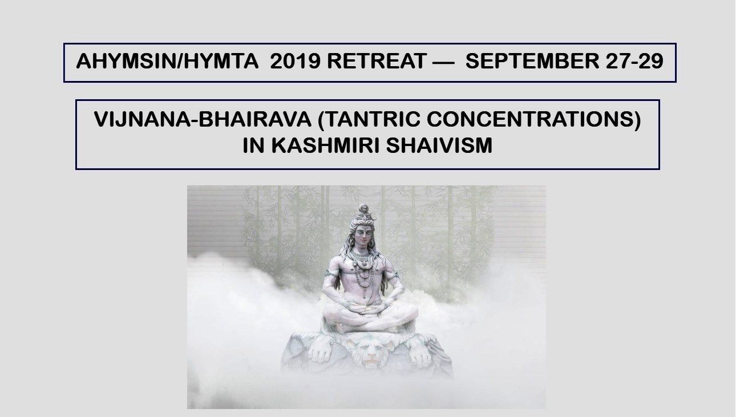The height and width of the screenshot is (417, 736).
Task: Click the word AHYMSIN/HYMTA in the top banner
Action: [167, 61]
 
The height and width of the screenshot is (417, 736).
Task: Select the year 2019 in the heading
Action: [295, 61]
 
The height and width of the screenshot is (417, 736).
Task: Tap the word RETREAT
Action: [377, 61]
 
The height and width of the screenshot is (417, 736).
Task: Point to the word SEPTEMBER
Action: [532, 61]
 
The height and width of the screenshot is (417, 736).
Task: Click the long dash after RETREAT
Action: [443, 62]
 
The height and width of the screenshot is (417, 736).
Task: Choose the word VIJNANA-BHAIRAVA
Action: [203, 119]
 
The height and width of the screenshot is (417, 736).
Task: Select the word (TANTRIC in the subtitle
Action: [369, 120]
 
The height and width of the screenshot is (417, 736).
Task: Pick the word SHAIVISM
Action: [439, 145]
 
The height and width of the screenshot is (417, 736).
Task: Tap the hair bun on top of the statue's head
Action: [363, 212]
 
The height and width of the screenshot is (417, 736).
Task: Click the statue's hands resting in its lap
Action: [364, 309]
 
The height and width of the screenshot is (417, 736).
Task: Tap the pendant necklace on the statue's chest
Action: [364, 263]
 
